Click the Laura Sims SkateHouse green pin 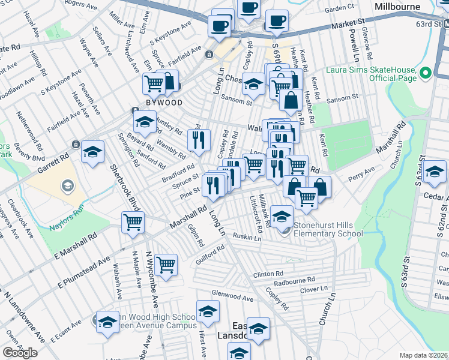point(426,74)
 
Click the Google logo point(20,353)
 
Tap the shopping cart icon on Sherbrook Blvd point(133,222)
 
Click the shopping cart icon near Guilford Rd point(166,264)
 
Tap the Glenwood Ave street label point(232,295)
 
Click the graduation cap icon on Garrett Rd point(93,152)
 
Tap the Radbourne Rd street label point(294,280)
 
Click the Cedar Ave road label point(436,195)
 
